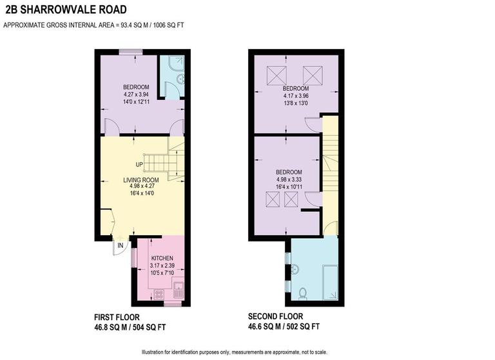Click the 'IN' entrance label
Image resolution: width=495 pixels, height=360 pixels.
coord(120,245)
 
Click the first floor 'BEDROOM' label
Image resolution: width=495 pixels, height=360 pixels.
coord(136,88)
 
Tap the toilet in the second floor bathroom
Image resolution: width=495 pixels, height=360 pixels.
coord(302,294)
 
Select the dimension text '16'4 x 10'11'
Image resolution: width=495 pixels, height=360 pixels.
coord(289,187)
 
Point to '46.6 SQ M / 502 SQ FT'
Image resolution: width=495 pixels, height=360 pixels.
coord(284,327)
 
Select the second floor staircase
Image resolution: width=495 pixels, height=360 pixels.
coord(330,161)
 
